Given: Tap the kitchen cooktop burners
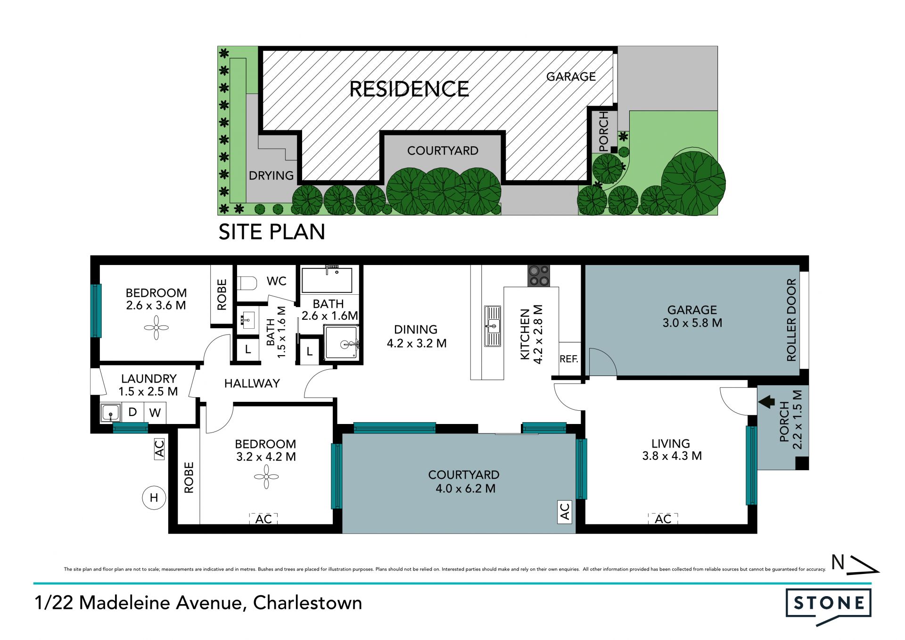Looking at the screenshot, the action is click(539, 276).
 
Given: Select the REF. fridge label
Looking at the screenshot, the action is click(569, 359).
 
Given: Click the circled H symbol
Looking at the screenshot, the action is click(154, 498).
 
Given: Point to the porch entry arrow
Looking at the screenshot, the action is click(766, 402).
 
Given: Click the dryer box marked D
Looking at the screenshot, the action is click(133, 412).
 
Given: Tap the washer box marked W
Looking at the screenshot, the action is click(155, 413).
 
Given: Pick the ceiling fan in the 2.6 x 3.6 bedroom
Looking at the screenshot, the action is click(156, 327).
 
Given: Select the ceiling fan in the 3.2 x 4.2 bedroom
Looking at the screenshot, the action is click(266, 477).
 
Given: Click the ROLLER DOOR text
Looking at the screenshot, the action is click(791, 320).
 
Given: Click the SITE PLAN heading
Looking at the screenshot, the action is click(272, 232).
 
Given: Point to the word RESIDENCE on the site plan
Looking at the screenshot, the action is click(409, 89).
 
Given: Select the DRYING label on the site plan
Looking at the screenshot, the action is click(271, 175).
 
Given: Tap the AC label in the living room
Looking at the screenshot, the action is click(663, 519).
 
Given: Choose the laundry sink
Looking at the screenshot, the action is click(110, 413).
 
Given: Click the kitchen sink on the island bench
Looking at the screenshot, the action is click(493, 326).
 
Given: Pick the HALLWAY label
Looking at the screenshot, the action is click(252, 383).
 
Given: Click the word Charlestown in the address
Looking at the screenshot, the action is click(308, 603).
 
